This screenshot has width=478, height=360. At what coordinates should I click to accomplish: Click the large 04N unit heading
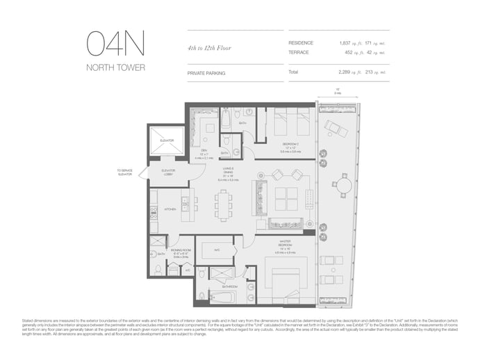click(x=115, y=44)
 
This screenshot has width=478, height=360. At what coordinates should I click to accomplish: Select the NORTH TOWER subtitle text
click(x=115, y=67)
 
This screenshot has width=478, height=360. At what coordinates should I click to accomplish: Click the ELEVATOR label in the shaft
click(x=166, y=140)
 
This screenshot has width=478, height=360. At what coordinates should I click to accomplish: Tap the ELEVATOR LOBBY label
click(x=167, y=172)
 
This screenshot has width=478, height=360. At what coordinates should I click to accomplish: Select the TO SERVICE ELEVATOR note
click(x=125, y=172)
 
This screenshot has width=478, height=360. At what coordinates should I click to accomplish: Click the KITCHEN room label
click(x=170, y=208)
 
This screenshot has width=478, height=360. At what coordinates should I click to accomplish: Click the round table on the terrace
click(x=344, y=184)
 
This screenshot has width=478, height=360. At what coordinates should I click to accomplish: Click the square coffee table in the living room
click(x=286, y=199)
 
